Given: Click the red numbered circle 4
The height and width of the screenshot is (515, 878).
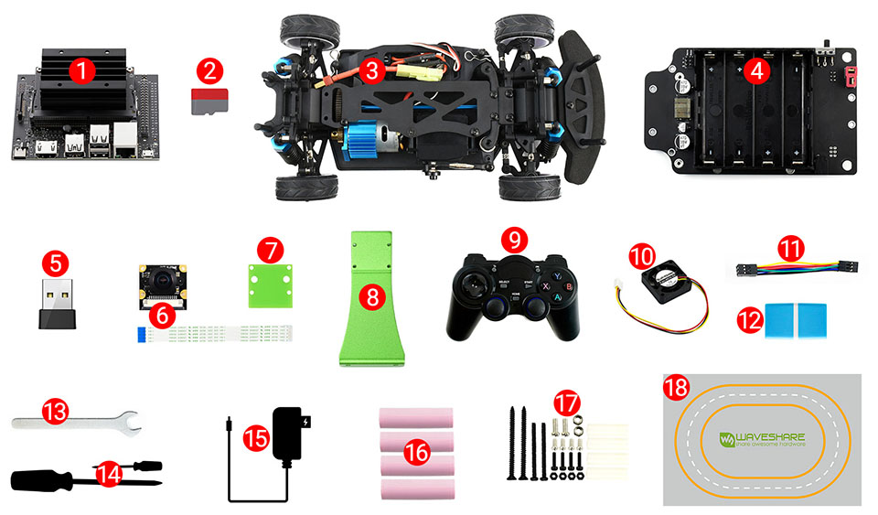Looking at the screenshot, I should pyautogui.click(x=755, y=71).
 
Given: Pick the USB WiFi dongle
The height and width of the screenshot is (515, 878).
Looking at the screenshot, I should pyautogui.click(x=56, y=304).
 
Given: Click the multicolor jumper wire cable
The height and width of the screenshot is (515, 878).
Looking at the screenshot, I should pyautogui.click(x=792, y=269).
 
